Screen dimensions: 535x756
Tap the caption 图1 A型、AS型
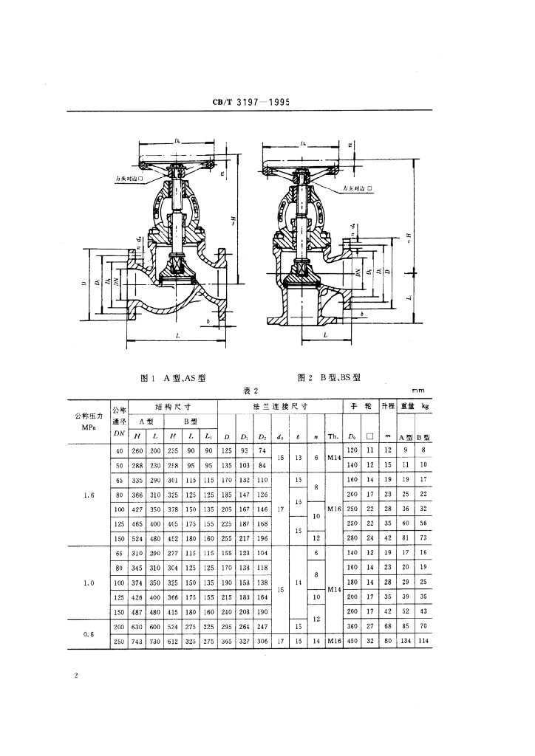coord(172,377)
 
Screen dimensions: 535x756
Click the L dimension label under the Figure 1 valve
coord(177,334)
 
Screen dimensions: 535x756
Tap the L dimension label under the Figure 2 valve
coord(325,334)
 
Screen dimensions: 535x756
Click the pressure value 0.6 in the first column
coord(88,633)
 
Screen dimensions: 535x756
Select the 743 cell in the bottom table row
coord(137,642)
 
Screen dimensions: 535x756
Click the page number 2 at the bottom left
coord(76,676)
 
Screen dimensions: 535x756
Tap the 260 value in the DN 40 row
coord(137,450)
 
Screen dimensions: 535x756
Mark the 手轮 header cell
coord(361,407)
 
